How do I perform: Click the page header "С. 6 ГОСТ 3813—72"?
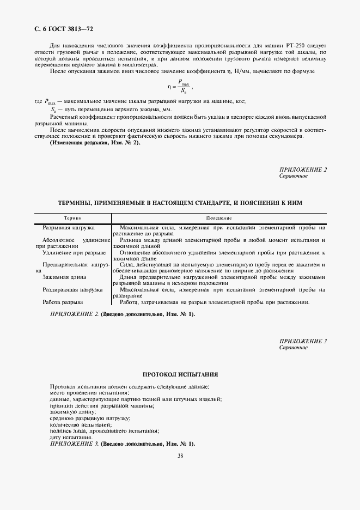tap(58, 28)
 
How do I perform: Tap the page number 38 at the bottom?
tap(180, 456)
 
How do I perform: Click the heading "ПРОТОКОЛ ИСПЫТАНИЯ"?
tap(180, 375)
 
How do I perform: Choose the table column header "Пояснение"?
tap(218, 217)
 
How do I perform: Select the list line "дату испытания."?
tap(71, 437)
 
